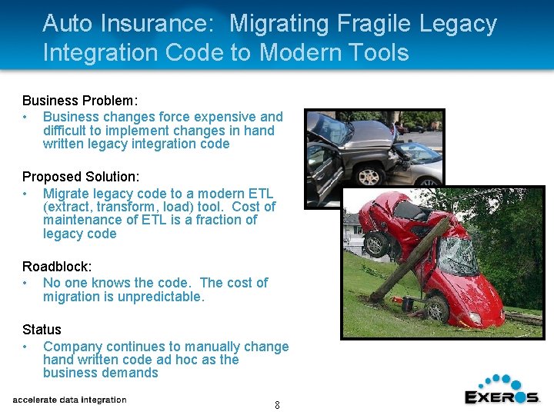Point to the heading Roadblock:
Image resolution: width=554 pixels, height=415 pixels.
[x=57, y=267]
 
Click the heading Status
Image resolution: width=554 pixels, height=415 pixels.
[x=42, y=330]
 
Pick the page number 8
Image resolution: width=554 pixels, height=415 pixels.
[x=277, y=405]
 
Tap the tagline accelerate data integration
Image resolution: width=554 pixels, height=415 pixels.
[x=69, y=400]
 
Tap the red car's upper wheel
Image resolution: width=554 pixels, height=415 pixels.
[x=376, y=244]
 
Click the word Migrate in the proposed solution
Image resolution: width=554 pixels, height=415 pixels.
[x=66, y=194]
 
